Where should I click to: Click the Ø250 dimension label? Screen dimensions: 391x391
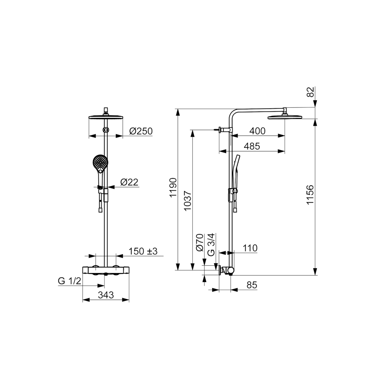point(141,131)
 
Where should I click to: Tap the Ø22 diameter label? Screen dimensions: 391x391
point(129,182)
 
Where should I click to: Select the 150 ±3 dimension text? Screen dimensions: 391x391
point(143,251)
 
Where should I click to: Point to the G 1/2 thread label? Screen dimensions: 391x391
point(69,281)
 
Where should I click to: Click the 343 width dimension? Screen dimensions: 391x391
point(106,295)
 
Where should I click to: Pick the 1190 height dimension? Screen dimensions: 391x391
point(173,187)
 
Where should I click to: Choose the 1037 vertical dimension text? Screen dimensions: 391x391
point(187,201)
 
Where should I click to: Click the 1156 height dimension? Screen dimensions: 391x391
point(310,195)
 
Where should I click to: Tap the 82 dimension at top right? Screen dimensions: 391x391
point(311,92)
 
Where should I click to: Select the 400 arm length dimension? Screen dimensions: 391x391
point(258,131)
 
